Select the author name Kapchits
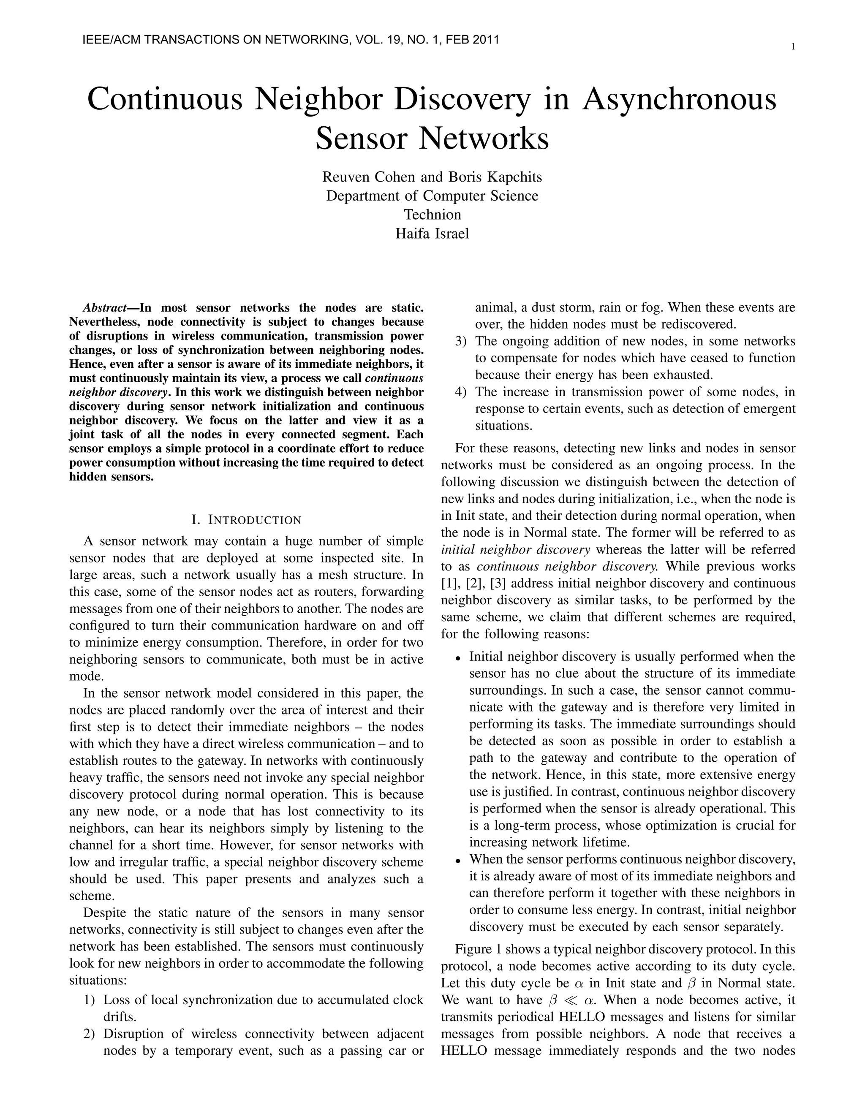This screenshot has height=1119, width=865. pyautogui.click(x=514, y=177)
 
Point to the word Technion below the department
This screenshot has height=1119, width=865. pyautogui.click(x=432, y=214)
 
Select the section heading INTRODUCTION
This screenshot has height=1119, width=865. pyautogui.click(x=255, y=520)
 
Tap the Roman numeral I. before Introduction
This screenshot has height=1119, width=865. pyautogui.click(x=195, y=520)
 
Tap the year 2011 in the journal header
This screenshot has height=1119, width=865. pyautogui.click(x=485, y=39)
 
